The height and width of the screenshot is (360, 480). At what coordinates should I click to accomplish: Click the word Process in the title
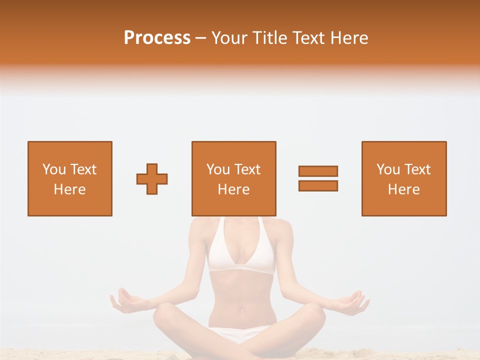157,38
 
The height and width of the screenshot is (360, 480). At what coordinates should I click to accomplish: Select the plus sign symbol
152,179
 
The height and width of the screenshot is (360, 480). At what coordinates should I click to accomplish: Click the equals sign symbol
318,178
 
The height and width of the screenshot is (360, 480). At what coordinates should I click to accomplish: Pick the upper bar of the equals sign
318,171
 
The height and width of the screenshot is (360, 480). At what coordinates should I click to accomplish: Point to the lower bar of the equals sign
318,185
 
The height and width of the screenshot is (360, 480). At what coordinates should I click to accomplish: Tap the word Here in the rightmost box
404,189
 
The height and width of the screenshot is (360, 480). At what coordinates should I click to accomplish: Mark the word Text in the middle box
248,169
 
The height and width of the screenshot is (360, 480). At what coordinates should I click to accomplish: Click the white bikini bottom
241,334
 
